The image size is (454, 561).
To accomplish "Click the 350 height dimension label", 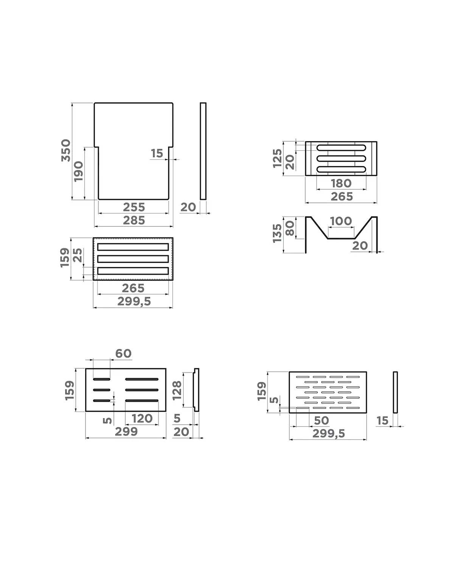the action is [x=66, y=150].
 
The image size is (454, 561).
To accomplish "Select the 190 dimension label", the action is [x=78, y=171].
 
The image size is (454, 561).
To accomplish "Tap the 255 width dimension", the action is [x=134, y=207].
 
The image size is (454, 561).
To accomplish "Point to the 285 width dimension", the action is [x=134, y=220].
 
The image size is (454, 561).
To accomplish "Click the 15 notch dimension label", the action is [x=157, y=153].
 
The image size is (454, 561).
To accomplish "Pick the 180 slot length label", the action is [x=341, y=183].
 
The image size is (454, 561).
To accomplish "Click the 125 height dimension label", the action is [x=277, y=158].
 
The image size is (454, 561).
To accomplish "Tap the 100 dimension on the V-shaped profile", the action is [x=341, y=221].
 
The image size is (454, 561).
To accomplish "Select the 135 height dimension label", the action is [x=277, y=233].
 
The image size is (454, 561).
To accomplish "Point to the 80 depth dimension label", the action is [x=290, y=228].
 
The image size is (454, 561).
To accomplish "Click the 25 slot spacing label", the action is [x=78, y=255].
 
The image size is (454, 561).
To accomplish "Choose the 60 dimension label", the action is [x=123, y=354].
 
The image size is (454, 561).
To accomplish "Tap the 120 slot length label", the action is [x=142, y=418].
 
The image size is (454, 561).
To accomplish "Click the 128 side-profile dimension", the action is [x=177, y=390].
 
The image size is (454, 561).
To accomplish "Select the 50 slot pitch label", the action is [x=321, y=420].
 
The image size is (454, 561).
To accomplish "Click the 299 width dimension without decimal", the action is [x=126, y=432].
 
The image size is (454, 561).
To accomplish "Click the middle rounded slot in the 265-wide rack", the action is [x=341, y=159].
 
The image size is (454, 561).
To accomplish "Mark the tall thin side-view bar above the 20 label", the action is [x=203, y=151].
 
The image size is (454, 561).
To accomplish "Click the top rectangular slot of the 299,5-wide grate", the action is [x=133, y=247].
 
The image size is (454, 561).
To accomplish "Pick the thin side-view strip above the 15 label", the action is [x=395, y=392].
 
